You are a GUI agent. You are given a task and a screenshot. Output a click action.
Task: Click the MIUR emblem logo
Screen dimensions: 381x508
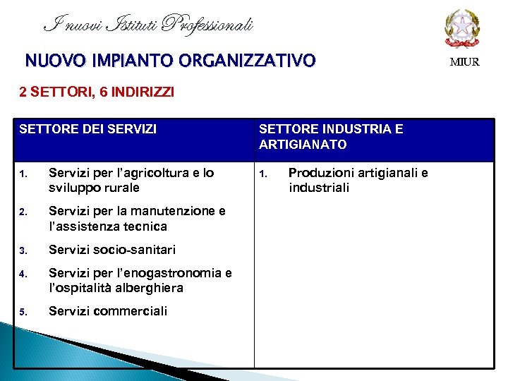[462, 28]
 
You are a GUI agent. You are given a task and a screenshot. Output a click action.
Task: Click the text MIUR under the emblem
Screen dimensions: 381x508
[464, 62]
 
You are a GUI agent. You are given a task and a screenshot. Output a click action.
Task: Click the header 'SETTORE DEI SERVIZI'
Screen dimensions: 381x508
[87, 129]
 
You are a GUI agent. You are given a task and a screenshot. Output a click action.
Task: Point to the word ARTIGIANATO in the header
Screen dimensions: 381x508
[303, 145]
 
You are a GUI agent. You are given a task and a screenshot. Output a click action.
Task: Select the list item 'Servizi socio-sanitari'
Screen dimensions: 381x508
[112, 250]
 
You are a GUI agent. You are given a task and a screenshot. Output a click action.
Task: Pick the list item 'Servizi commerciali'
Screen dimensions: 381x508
[108, 311]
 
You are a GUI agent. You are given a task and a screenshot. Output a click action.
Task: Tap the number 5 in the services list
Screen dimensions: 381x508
[23, 312]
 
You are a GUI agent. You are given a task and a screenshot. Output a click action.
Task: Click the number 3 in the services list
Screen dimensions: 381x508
[23, 250]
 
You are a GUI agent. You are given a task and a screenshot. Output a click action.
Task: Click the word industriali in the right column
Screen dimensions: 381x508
[319, 188]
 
